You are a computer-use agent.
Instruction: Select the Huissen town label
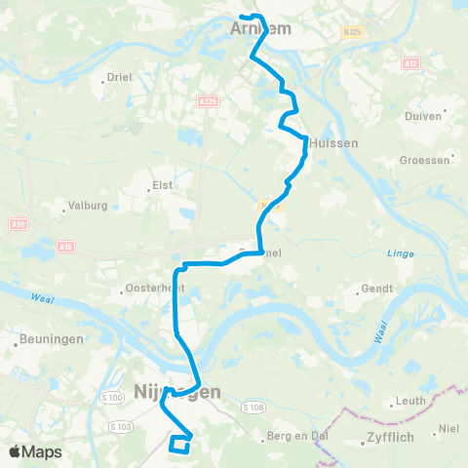[x=335, y=142]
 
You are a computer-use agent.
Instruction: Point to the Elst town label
[x=163, y=185]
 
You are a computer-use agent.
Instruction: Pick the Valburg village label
[x=85, y=206]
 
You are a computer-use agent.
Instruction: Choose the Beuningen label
[x=46, y=340]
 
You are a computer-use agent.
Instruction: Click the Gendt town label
[x=377, y=289]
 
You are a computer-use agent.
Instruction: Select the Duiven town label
[x=423, y=115]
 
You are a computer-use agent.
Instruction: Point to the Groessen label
[x=425, y=159]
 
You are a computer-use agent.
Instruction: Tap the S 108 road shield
[x=253, y=407]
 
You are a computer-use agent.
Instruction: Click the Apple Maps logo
[x=35, y=452]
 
